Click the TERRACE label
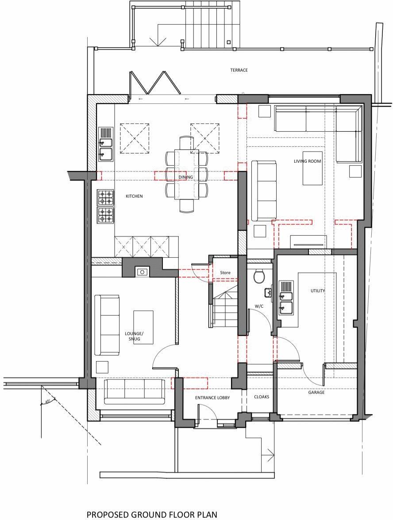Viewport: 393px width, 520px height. pyautogui.click(x=239, y=70)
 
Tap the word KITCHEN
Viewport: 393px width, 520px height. pyautogui.click(x=134, y=196)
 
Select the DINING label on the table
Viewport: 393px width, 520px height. pyautogui.click(x=186, y=177)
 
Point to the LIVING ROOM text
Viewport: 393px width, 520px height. pyautogui.click(x=307, y=161)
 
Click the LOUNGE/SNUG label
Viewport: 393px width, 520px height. pyautogui.click(x=135, y=336)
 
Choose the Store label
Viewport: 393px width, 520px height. pyautogui.click(x=225, y=273)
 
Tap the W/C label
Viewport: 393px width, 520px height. pyautogui.click(x=259, y=306)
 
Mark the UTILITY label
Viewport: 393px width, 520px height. pyautogui.click(x=318, y=291)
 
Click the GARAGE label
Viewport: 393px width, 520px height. pyautogui.click(x=316, y=393)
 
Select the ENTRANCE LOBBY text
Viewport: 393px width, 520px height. pyautogui.click(x=212, y=398)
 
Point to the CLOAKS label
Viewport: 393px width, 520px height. pyautogui.click(x=262, y=397)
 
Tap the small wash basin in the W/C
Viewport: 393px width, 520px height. pyautogui.click(x=268, y=292)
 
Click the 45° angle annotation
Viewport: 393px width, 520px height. pyautogui.click(x=48, y=402)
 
